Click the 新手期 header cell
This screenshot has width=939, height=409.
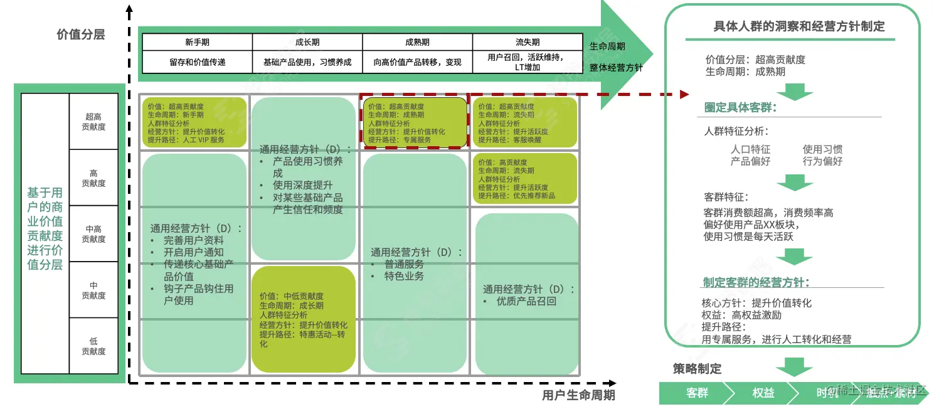click(197, 42)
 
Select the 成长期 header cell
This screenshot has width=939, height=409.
click(307, 42)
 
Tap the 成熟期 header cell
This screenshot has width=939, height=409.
click(417, 42)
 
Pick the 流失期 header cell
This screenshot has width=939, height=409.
click(528, 42)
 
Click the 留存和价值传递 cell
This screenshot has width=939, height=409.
click(197, 62)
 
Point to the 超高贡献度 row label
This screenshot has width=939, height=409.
click(93, 121)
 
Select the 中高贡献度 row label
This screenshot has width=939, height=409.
click(93, 233)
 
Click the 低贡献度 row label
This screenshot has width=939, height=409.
click(93, 346)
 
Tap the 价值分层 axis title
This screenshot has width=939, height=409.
click(80, 35)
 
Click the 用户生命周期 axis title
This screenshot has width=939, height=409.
click(578, 395)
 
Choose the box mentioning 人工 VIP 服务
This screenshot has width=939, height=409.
click(194, 122)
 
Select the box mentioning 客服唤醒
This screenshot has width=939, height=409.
click(524, 122)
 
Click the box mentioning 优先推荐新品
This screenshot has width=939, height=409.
click(524, 179)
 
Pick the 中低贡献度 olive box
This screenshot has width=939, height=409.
click(304, 319)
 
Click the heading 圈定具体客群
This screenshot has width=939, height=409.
click(740, 107)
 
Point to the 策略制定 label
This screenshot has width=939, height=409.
click(697, 369)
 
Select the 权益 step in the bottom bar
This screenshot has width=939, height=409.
click(763, 393)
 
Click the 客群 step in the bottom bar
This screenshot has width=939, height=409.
click(697, 393)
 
